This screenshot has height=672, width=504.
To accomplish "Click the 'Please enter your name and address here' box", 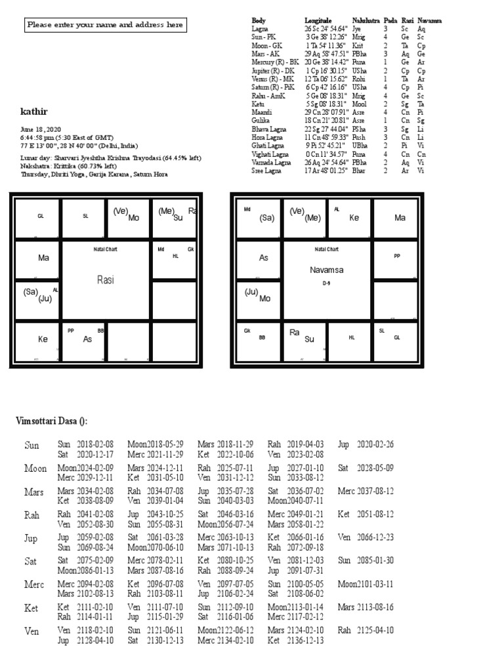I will [x=105, y=26].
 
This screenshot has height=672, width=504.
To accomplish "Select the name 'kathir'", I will [x=33, y=112].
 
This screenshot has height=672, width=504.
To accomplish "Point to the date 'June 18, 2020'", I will [x=41, y=130].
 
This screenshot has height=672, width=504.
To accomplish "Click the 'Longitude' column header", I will [x=318, y=21].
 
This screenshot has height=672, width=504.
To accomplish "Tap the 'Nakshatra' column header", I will [x=366, y=21].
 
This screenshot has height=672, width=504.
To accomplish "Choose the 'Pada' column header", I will [x=390, y=21].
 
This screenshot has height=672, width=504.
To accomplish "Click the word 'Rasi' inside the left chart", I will [x=105, y=280].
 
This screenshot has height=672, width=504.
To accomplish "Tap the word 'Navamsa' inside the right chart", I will [x=327, y=270].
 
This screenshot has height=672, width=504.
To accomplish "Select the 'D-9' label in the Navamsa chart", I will [x=327, y=283].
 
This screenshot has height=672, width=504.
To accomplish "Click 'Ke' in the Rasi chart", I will [x=43, y=339].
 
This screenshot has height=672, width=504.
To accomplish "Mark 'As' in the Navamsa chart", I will [x=264, y=258].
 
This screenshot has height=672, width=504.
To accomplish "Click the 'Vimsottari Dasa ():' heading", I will [x=52, y=421].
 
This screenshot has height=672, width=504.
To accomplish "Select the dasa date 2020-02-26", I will [x=375, y=444].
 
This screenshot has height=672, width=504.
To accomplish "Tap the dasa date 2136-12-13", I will [x=305, y=640].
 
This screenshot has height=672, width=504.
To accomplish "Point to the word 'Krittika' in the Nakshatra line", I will [x=73, y=167].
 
